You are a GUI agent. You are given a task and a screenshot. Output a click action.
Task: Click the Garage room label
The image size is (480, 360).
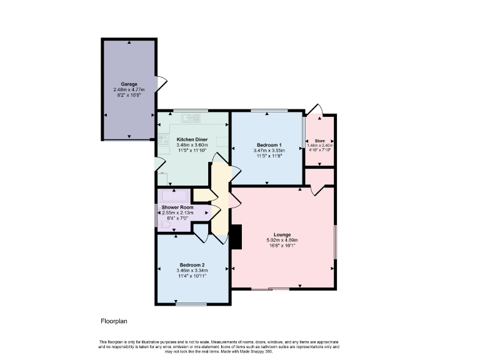coord(129,84)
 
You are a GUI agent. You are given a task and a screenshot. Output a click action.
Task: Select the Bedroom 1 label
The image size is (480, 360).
coord(269,145)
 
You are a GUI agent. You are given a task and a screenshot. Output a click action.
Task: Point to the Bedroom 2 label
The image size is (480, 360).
coord(192,264)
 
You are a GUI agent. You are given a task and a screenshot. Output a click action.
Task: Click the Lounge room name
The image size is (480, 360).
coord(282,234)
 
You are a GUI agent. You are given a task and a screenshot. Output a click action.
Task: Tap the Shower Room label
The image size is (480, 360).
coord(177,207)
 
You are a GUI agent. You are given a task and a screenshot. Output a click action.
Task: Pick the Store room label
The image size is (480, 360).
coord(320,141)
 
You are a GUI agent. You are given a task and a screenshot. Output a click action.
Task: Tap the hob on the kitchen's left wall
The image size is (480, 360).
coord(164,140)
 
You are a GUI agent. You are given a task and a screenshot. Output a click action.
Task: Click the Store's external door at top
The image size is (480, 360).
coord(317,111)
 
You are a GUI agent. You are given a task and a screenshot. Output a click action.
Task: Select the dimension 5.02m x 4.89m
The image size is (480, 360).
coord(282,240)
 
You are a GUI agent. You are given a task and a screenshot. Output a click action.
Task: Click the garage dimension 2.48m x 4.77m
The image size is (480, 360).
coord(129,90)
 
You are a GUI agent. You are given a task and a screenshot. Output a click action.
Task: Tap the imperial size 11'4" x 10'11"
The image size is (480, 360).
coord(192,276)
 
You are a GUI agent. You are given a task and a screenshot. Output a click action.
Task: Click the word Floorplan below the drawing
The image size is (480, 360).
coord(114,322)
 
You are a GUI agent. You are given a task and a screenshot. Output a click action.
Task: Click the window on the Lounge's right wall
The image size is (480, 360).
coord(335,241)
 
